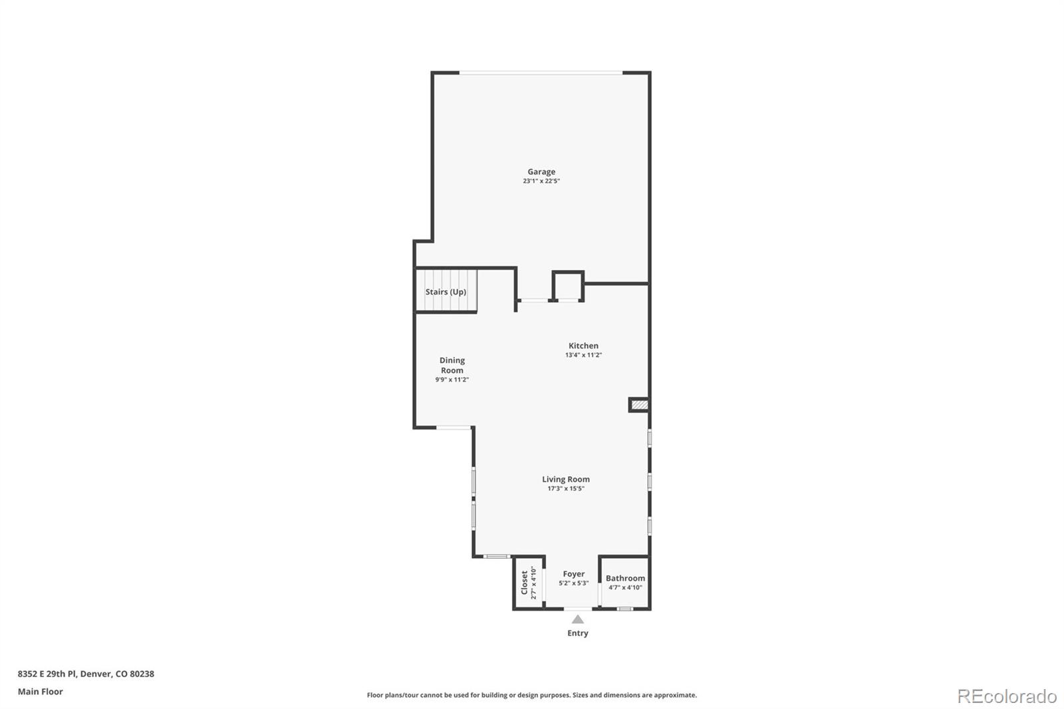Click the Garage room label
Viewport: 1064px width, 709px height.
click(x=541, y=172)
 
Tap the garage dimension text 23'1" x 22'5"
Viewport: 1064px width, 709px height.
click(x=541, y=181)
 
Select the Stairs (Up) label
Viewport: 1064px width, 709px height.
click(x=446, y=292)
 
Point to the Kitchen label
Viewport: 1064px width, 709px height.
click(x=583, y=346)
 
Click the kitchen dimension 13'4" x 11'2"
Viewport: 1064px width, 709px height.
click(x=583, y=355)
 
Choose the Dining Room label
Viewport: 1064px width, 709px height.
click(x=452, y=365)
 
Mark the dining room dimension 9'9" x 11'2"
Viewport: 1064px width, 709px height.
click(x=452, y=380)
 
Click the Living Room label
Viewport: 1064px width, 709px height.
click(x=566, y=480)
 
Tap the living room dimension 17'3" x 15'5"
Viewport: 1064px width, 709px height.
click(x=566, y=489)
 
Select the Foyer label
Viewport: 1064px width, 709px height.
click(x=574, y=574)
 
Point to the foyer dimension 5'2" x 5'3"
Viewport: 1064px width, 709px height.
click(x=574, y=583)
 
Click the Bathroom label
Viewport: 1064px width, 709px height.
click(x=625, y=579)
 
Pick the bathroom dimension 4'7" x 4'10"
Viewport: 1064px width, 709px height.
click(x=625, y=587)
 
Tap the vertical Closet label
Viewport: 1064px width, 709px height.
click(x=524, y=583)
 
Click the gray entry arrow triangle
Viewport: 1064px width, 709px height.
click(x=578, y=619)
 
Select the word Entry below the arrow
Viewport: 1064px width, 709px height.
click(x=578, y=633)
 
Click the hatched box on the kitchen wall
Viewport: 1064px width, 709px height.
click(x=639, y=404)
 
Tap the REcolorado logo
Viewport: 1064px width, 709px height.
click(x=1007, y=696)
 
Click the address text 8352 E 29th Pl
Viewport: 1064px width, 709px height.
click(x=47, y=674)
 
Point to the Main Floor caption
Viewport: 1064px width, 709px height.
click(x=41, y=692)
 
